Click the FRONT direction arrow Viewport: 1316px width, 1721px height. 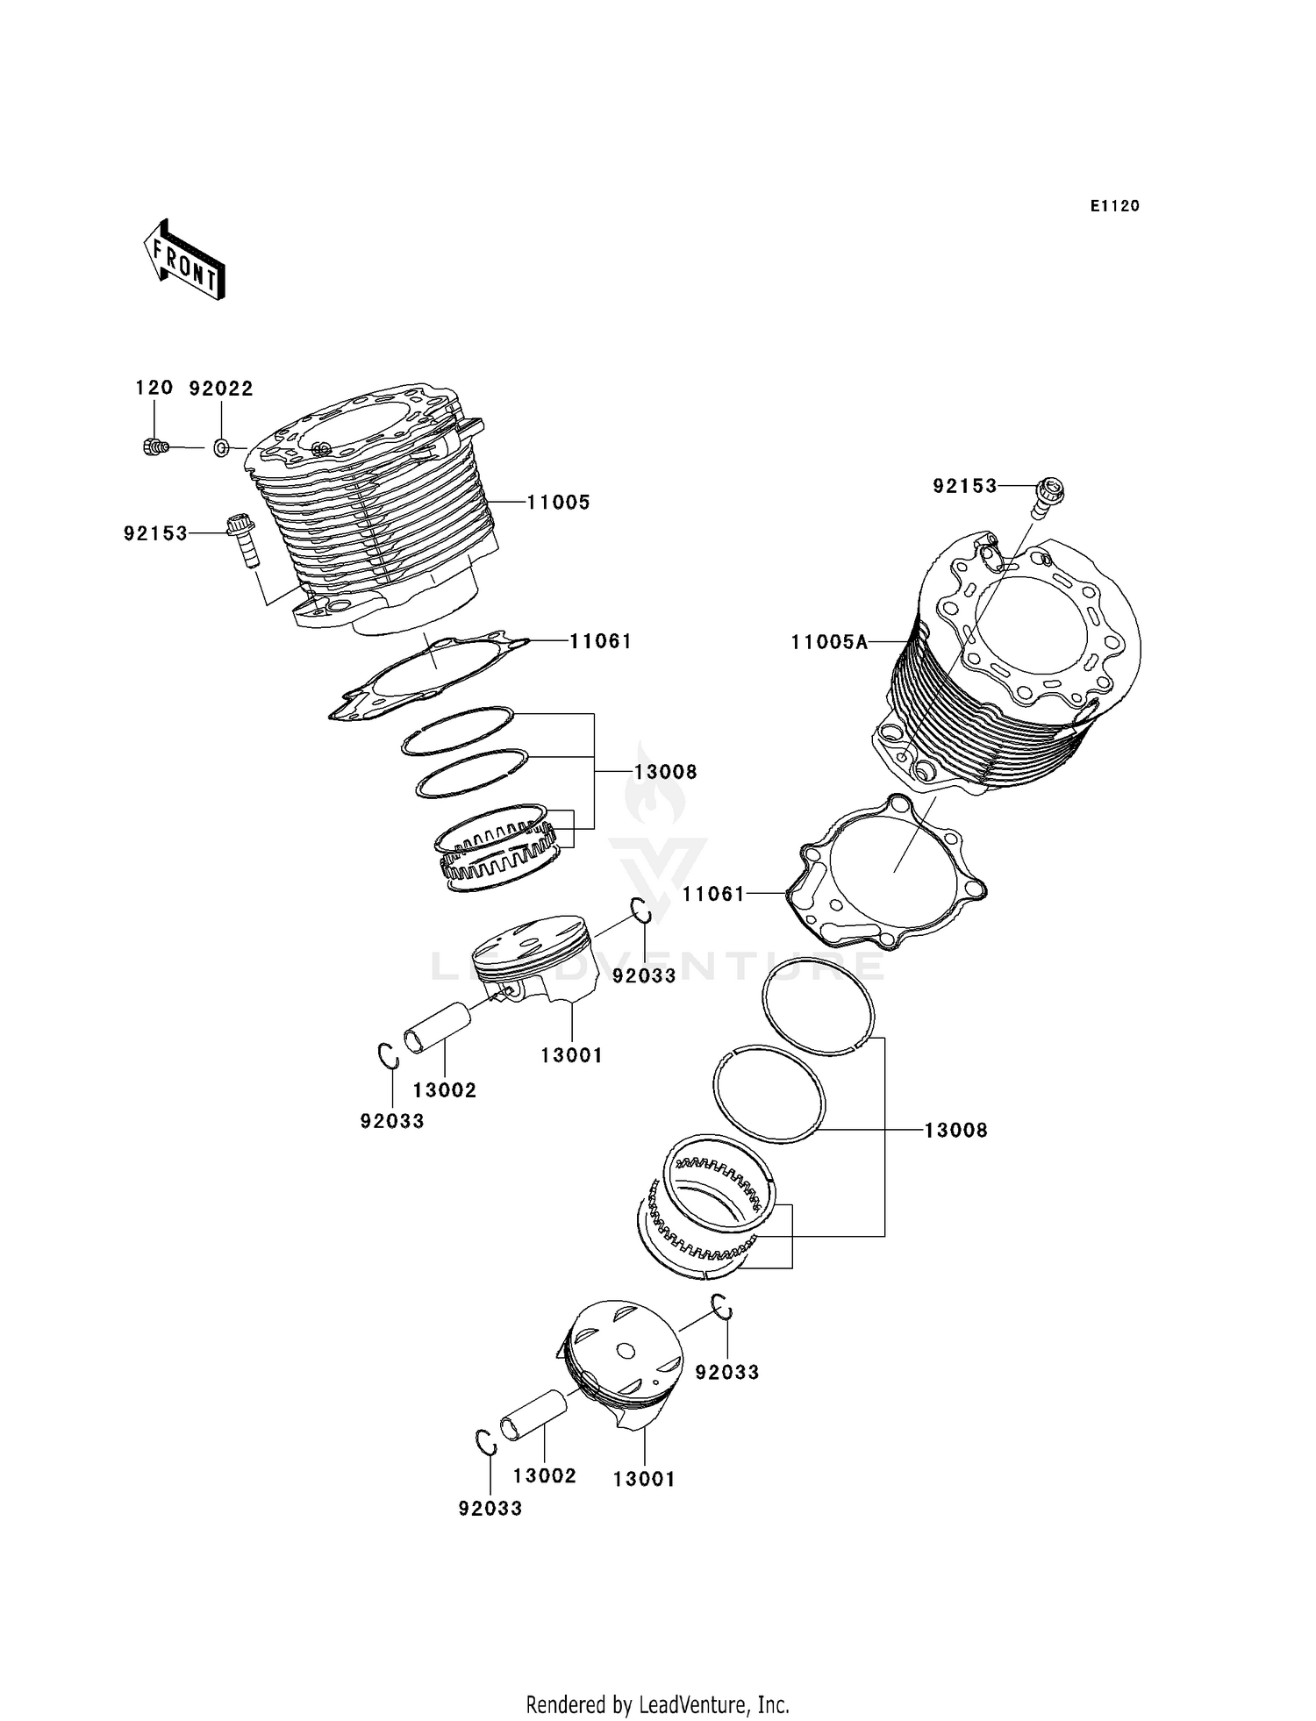pos(184,261)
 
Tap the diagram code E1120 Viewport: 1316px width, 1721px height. pos(1114,206)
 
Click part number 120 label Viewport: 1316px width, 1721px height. pos(154,388)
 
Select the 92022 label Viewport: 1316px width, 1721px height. pos(221,389)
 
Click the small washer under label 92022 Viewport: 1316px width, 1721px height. pos(222,448)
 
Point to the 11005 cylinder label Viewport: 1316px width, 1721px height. pos(558,503)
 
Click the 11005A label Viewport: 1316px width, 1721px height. pos(828,642)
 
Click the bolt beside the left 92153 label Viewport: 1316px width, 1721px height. pos(240,539)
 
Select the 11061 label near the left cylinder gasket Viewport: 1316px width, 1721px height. pos(601,641)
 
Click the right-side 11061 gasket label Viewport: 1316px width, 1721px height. pos(713,894)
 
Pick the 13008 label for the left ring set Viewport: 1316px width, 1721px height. pos(666,772)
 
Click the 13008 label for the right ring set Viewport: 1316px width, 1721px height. pos(955,1131)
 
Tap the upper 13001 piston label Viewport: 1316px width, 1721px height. pos(571,1056)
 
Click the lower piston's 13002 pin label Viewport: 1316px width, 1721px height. pos(545,1475)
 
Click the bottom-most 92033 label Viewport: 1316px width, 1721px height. pos(490,1509)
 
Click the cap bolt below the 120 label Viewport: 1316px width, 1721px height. pos(154,447)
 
